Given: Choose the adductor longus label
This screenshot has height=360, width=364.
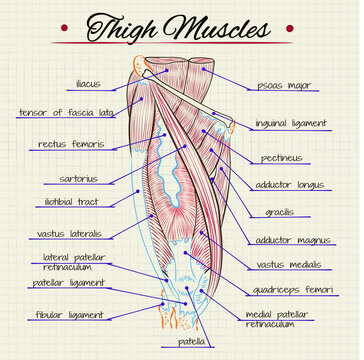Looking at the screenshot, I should [287, 185].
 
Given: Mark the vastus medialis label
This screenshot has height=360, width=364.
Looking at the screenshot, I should [289, 265].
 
